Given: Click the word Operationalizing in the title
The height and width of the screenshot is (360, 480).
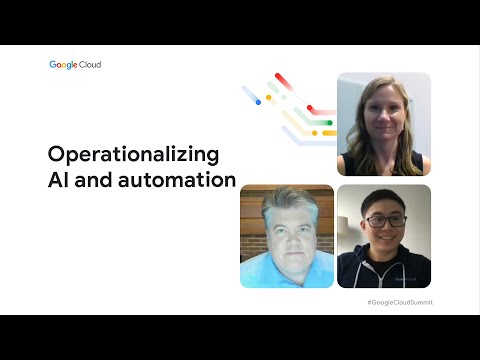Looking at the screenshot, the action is [133, 155].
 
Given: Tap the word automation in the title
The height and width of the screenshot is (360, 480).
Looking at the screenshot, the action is [177, 180].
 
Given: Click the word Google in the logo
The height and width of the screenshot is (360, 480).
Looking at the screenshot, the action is [63, 65].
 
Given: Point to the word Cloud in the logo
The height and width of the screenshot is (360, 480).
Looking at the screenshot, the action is [90, 64].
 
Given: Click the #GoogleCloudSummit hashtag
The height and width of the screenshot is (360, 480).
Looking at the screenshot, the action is [400, 302].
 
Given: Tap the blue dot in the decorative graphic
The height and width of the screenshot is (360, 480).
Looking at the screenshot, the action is [258, 102].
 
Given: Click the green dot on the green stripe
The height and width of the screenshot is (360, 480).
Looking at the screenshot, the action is [330, 123].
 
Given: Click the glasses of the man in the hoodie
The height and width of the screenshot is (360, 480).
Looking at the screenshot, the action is [387, 221].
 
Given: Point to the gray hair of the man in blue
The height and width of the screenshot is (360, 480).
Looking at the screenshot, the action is [289, 204].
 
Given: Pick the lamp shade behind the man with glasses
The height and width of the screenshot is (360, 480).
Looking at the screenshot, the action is [343, 222].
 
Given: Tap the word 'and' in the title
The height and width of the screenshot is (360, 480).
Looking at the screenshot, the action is [94, 180].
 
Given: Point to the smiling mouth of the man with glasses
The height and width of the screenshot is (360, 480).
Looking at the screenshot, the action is [388, 237].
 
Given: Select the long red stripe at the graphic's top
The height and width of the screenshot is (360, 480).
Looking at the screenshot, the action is [284, 81].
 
